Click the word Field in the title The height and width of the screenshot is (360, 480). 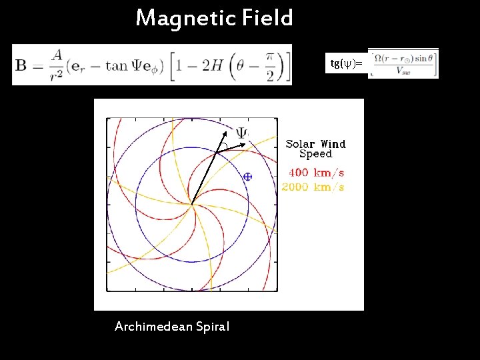pos(267,18)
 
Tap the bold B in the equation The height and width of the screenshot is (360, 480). pos(21,65)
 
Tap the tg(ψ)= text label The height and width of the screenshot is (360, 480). pos(347,64)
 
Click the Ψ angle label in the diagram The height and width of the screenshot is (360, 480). pos(241,133)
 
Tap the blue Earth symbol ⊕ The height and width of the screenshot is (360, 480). pos(247,177)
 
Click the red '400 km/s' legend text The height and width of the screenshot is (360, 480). pos(316,173)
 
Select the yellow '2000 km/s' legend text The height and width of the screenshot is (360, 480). pos(313,187)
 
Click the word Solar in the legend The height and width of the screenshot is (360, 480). pos(300,144)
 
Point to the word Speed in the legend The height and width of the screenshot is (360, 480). pos(315,154)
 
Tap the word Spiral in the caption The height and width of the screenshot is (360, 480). pos(212,327)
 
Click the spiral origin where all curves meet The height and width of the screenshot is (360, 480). pos(192,205)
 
